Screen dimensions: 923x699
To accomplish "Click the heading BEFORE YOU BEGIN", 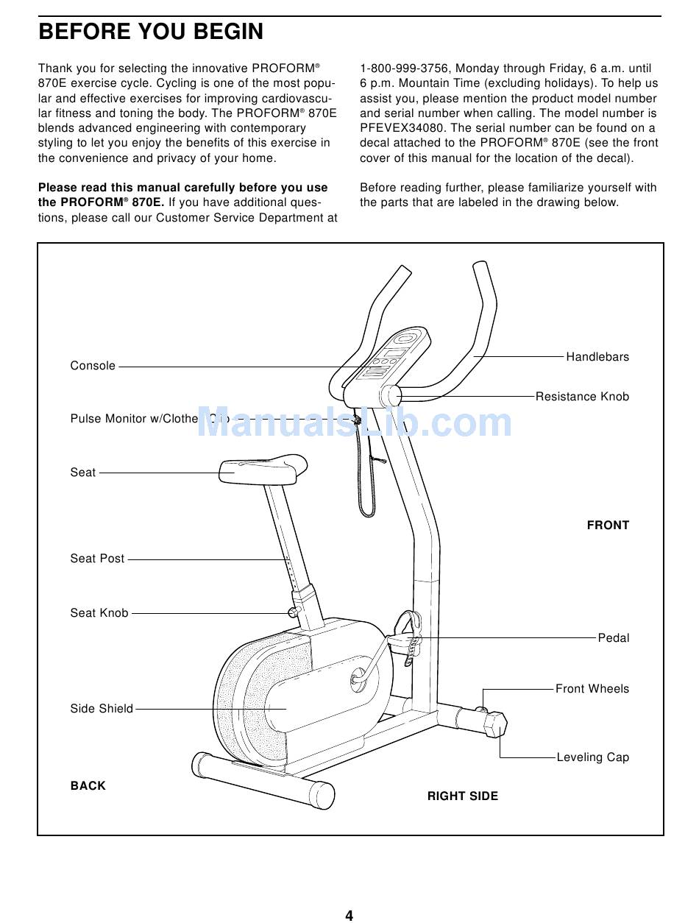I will [x=151, y=32].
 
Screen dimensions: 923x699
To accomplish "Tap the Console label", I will [x=93, y=366].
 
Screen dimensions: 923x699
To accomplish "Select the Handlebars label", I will [x=597, y=357].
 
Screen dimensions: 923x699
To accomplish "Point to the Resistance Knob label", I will [x=582, y=397].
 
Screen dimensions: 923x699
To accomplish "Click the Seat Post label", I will [x=97, y=559].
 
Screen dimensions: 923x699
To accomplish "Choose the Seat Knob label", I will [x=99, y=613].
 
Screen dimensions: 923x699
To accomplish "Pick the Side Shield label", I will [x=102, y=709].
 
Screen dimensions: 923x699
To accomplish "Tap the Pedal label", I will [x=614, y=638].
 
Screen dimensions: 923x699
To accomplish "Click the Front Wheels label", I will [x=592, y=689].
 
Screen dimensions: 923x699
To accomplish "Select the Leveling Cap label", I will [x=593, y=757].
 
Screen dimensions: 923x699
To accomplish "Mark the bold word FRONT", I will [x=608, y=526].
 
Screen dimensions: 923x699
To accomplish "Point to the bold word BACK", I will [x=88, y=786].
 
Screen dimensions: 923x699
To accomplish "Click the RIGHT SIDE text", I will [x=463, y=796].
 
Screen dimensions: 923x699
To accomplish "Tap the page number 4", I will [x=349, y=916].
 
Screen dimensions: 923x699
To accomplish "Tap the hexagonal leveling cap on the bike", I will [x=495, y=724].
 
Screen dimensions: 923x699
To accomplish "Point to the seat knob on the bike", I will [x=294, y=612].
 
